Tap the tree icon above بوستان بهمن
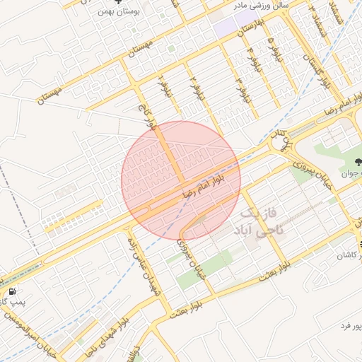(x=117, y=2)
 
